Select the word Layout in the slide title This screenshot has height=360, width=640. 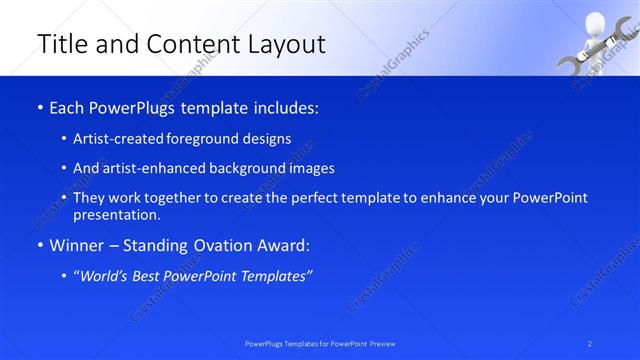284,44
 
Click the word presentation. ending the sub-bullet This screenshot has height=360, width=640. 116,214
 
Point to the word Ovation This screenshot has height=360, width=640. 210,244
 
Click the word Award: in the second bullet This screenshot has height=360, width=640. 280,244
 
